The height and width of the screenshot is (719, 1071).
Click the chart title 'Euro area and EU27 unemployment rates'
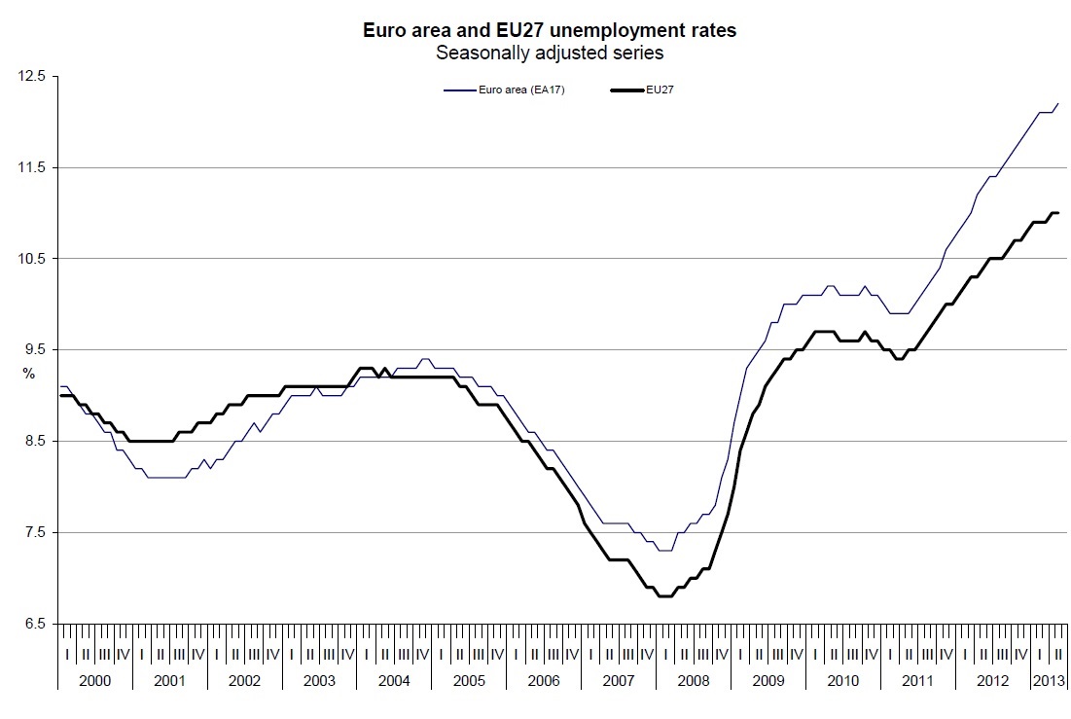[549, 31]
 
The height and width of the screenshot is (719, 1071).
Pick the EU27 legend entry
[660, 90]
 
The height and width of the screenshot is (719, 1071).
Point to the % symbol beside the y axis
[28, 374]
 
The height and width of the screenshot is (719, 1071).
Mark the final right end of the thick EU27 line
[1058, 213]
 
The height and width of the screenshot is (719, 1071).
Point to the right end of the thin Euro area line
[1058, 103]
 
